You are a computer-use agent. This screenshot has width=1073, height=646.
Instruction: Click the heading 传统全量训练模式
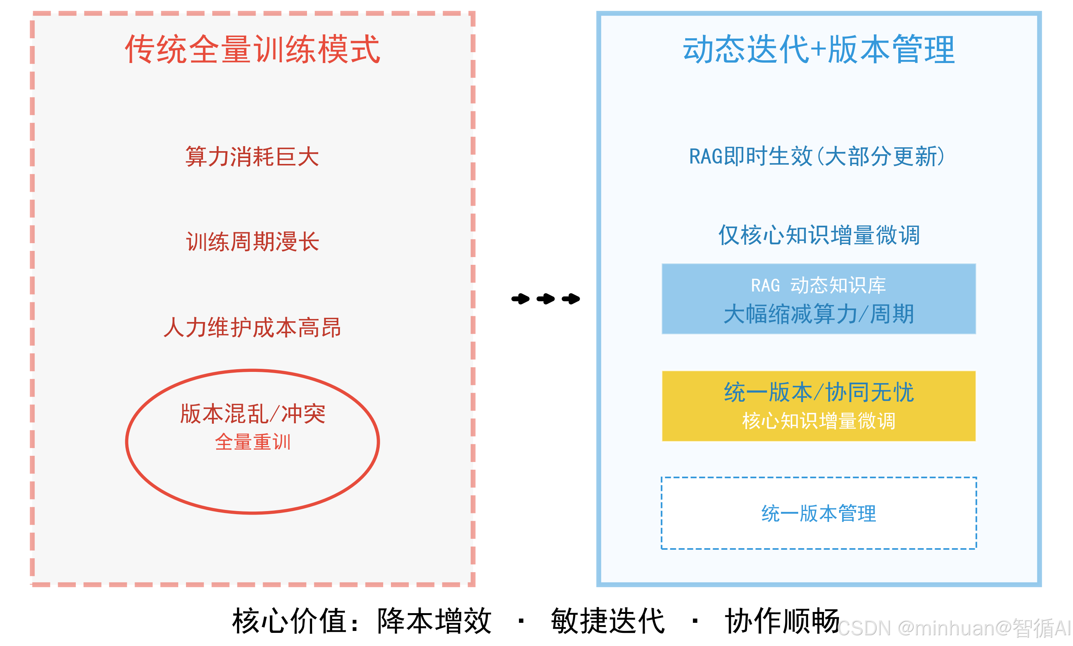point(252,49)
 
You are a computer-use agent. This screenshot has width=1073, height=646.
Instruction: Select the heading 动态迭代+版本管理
point(818,49)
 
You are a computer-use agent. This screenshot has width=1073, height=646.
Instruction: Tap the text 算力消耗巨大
point(252,157)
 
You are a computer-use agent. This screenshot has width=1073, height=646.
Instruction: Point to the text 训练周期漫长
point(252,242)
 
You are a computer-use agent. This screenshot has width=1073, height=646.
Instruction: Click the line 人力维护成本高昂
point(252,327)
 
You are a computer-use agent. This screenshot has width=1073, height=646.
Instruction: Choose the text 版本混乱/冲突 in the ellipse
point(252,414)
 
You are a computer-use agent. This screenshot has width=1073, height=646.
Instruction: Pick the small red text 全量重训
point(252,442)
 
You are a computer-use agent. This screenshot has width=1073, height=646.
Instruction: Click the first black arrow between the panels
point(520,298)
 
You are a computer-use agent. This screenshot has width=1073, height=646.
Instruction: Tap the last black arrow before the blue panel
point(571,298)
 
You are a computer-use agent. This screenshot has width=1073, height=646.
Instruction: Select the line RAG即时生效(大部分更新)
point(817,157)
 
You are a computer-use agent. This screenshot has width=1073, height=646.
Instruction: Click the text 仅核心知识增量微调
point(818,235)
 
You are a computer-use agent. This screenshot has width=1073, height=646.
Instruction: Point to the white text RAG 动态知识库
point(818,286)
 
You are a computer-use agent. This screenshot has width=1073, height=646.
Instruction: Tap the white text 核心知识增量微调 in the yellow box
point(818,421)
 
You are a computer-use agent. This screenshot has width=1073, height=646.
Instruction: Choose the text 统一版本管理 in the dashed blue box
point(818,514)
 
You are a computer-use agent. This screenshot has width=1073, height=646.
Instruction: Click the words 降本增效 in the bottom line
point(434,621)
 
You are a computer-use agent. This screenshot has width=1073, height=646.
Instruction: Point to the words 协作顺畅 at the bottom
point(781,621)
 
